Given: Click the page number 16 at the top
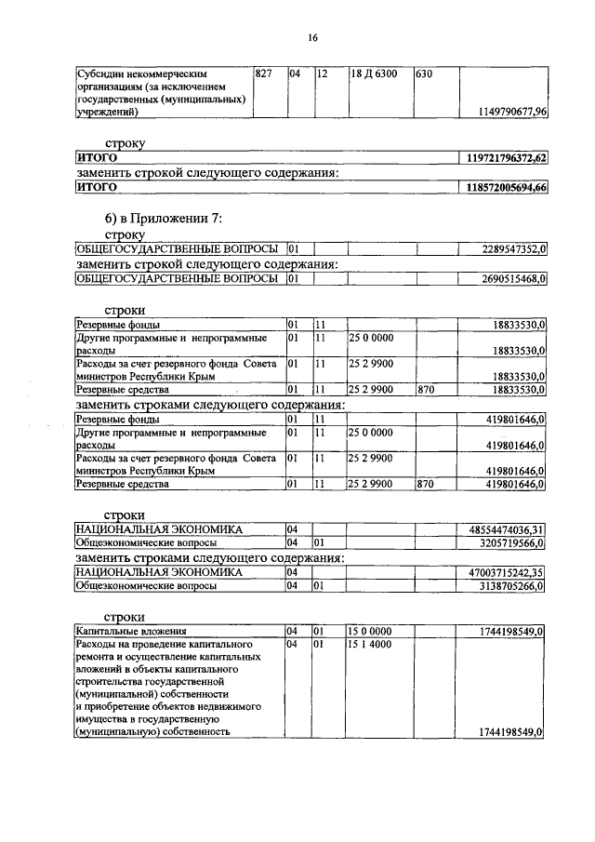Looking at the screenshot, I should point(313,37).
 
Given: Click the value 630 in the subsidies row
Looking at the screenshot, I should point(423,74).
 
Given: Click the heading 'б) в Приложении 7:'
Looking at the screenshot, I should point(163,219).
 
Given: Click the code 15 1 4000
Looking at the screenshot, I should point(369,644).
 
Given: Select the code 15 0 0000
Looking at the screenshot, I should point(369,631).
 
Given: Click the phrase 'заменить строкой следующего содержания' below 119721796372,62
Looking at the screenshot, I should point(205,173).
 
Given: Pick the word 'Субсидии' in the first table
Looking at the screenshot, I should point(102,74).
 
